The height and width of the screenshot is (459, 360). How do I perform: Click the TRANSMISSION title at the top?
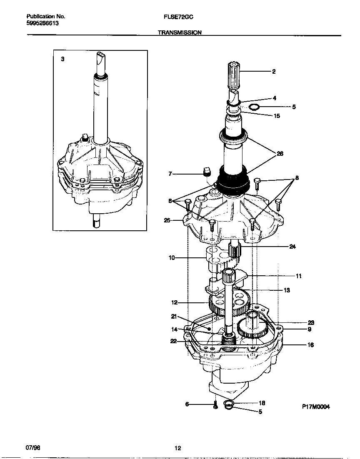[x=180, y=32]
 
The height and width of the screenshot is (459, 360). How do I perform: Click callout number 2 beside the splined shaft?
[x=274, y=72]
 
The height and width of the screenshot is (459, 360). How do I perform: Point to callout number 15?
[x=277, y=116]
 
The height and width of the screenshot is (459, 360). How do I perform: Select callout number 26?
[x=280, y=154]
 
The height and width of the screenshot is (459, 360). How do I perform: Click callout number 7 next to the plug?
[x=170, y=174]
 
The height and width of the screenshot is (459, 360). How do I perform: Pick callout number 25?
[x=167, y=220]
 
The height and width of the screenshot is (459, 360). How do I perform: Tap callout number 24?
[x=292, y=246]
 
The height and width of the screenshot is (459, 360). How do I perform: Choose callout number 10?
[x=171, y=258]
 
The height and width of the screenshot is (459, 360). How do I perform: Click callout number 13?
[x=287, y=290]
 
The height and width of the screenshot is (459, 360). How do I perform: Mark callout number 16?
[x=310, y=345]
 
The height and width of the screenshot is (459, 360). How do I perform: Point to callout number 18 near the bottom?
[x=262, y=403]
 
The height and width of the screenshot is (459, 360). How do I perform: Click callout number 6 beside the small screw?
[x=187, y=404]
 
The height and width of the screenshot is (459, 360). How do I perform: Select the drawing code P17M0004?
[x=316, y=407]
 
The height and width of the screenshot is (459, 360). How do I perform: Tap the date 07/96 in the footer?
[x=32, y=447]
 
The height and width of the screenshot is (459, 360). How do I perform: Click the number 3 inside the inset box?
[x=62, y=60]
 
